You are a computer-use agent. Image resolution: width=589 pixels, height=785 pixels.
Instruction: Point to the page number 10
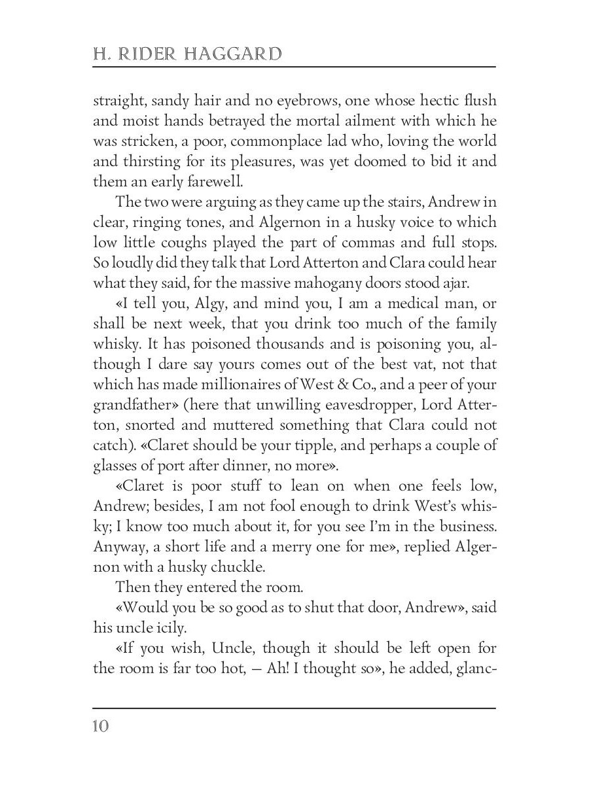101,726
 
